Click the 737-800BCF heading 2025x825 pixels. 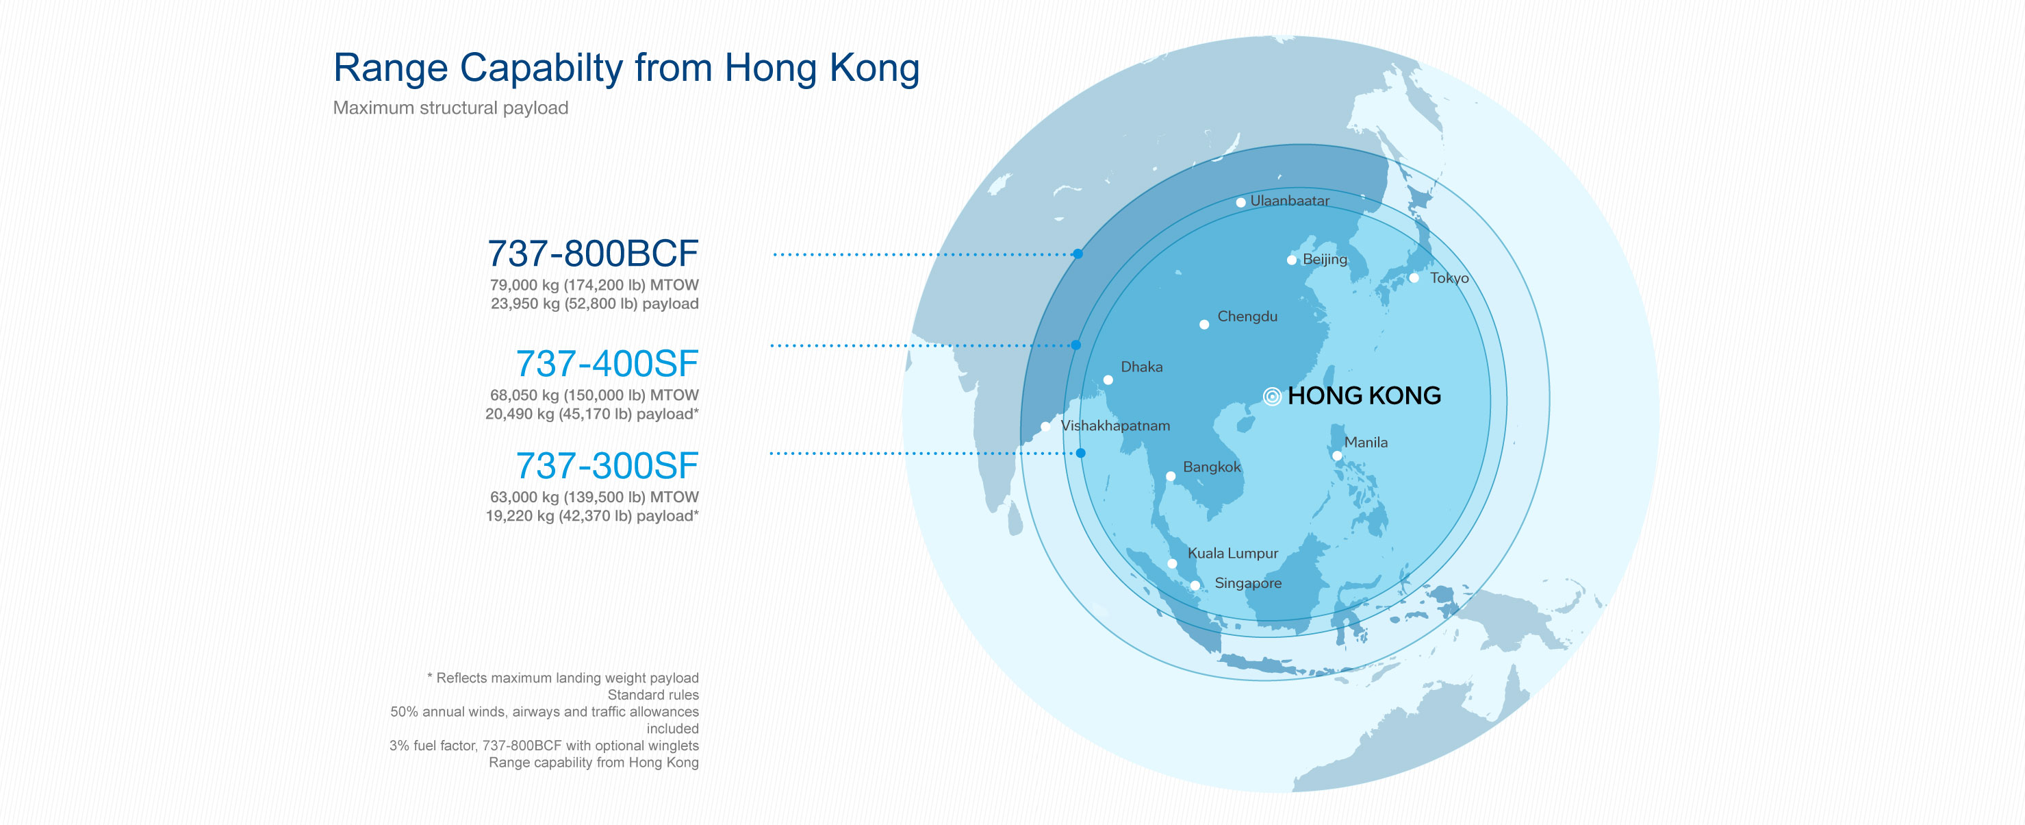point(593,254)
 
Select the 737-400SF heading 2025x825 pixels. point(606,363)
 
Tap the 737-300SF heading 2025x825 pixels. point(606,465)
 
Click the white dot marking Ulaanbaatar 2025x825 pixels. point(1240,202)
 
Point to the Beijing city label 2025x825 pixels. point(1325,259)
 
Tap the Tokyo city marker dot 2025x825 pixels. point(1414,278)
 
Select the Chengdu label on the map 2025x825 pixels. point(1247,316)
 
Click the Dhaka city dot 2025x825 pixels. point(1108,380)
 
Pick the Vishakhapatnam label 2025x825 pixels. point(1115,426)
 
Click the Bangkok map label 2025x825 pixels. point(1212,467)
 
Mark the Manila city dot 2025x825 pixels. point(1336,456)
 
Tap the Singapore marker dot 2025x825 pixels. point(1194,585)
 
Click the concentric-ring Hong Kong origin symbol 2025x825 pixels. point(1271,396)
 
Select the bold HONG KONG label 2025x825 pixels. point(1364,395)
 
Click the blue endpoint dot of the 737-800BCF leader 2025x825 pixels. point(1078,254)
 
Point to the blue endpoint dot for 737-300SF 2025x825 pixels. point(1080,453)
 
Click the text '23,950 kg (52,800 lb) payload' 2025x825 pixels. point(594,304)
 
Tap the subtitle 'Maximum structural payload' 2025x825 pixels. point(450,108)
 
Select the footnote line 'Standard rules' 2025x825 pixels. point(652,694)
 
